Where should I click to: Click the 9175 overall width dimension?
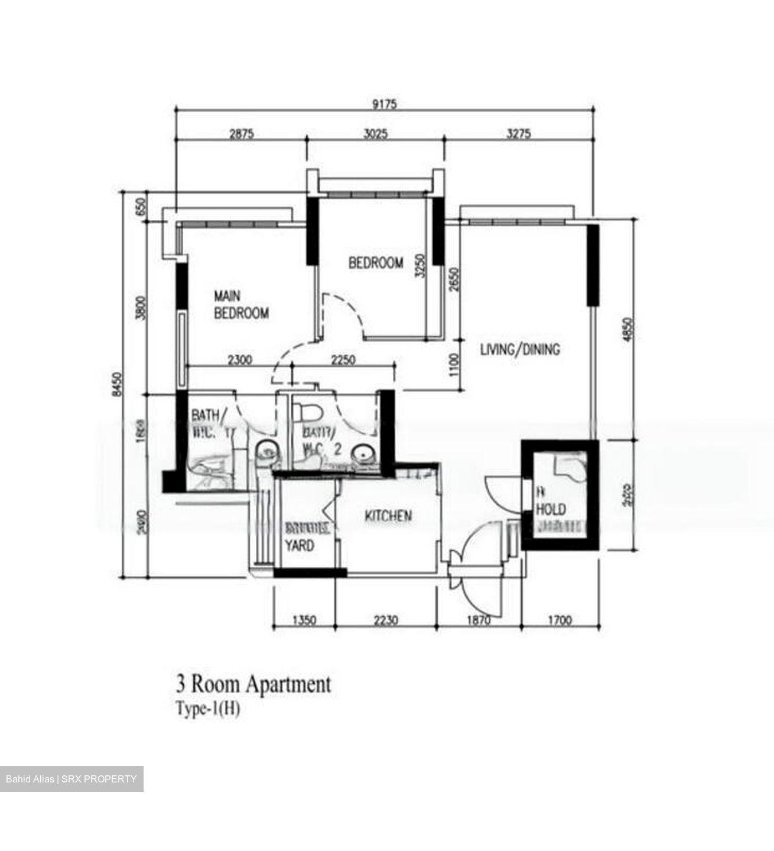(385, 105)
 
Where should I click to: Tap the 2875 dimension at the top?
(241, 134)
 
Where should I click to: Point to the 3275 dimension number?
(518, 134)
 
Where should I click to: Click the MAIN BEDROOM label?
(241, 304)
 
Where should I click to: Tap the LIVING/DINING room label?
(519, 349)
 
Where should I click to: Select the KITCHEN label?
(388, 517)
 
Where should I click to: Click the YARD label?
(300, 545)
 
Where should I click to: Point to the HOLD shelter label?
(551, 509)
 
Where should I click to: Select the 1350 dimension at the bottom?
(304, 620)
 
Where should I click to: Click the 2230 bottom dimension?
(386, 620)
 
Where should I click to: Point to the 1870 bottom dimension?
(479, 620)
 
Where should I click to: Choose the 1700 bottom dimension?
(560, 620)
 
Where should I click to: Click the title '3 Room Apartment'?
(253, 685)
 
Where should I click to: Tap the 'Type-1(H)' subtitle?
(207, 709)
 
